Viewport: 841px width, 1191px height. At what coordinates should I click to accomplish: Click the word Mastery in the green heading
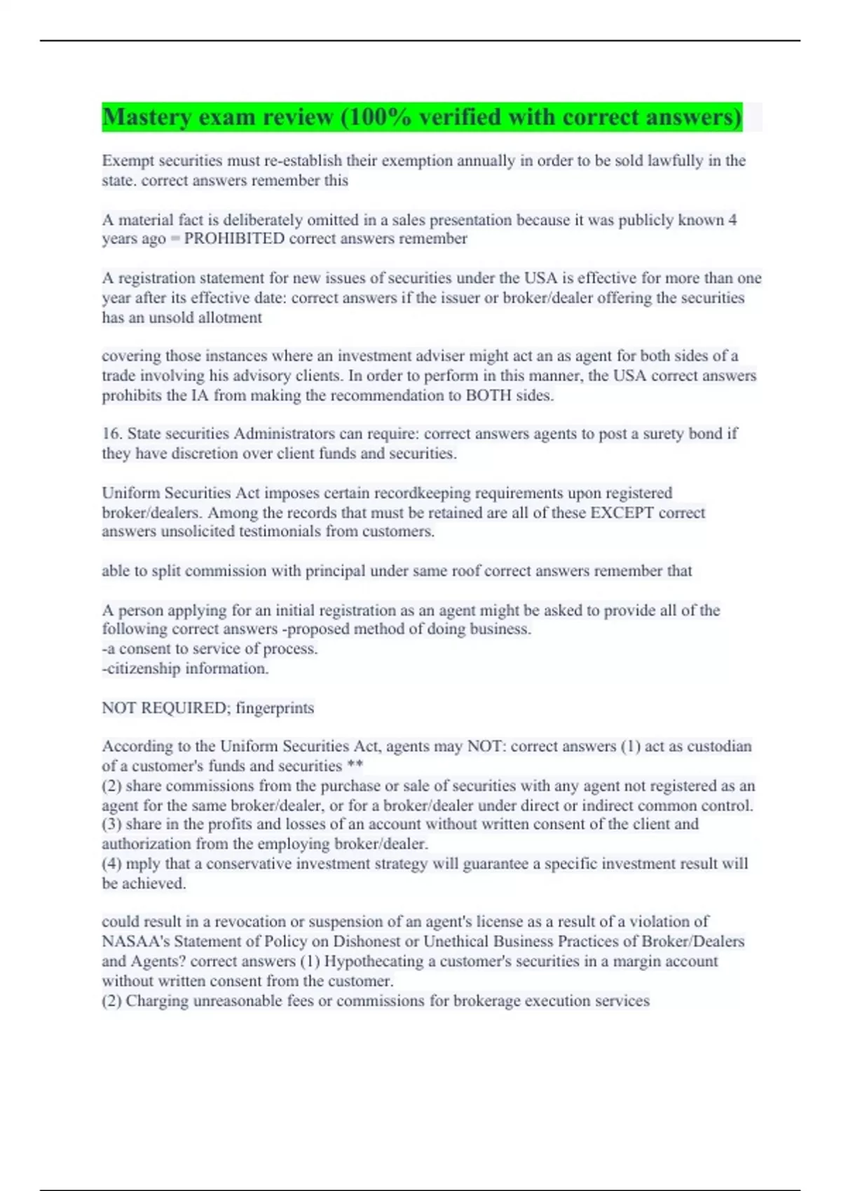tap(145, 117)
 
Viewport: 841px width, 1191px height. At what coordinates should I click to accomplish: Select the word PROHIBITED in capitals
tap(234, 239)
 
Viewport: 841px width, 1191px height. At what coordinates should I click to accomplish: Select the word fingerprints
tap(275, 708)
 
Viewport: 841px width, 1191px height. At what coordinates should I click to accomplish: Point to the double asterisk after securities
tap(355, 766)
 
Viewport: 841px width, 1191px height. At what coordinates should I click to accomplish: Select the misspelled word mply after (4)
tap(143, 864)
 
